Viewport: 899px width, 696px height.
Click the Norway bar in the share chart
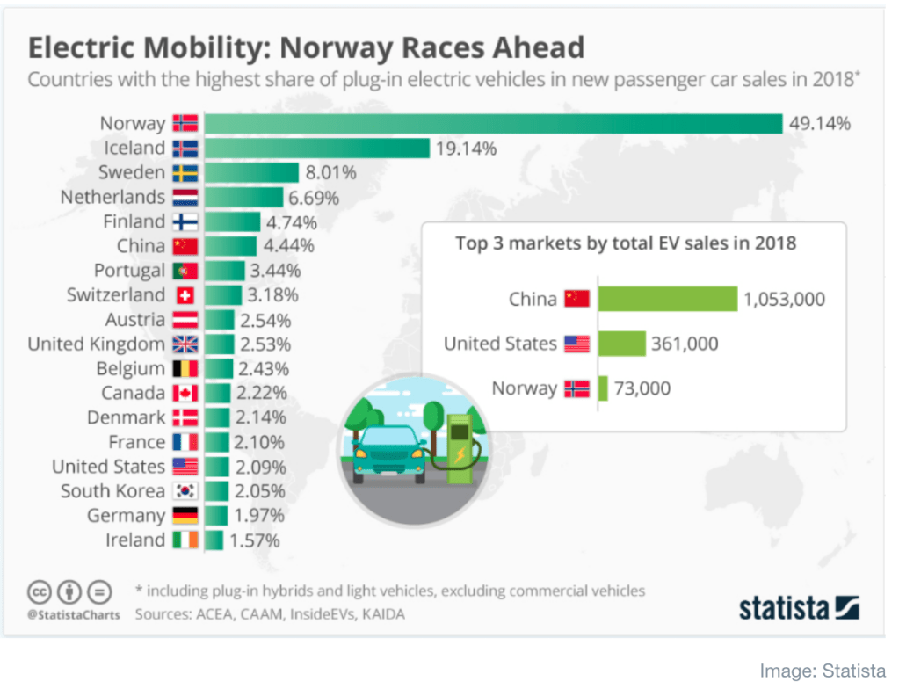click(x=493, y=123)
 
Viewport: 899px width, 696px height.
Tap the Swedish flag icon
click(x=185, y=172)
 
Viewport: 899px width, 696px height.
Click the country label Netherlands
click(x=112, y=197)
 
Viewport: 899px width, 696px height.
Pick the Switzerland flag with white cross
click(x=185, y=295)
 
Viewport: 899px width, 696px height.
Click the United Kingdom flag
click(x=185, y=344)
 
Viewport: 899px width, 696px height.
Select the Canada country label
click(x=133, y=393)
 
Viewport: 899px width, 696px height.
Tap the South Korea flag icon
click(x=185, y=491)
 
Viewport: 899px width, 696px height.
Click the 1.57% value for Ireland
click(x=255, y=540)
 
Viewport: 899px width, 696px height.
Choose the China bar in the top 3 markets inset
click(x=667, y=299)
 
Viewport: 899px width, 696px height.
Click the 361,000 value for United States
click(x=685, y=344)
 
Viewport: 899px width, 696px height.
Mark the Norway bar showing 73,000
click(x=603, y=388)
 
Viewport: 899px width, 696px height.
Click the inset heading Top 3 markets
click(x=626, y=243)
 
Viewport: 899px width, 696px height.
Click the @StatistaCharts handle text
click(x=74, y=614)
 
